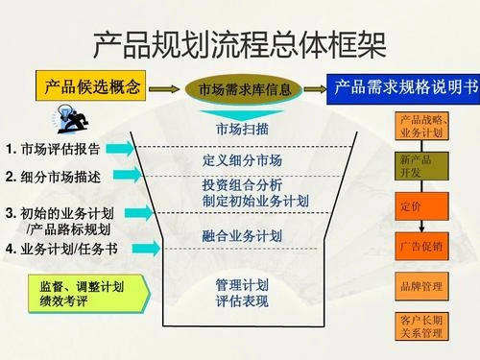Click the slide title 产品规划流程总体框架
click(240, 43)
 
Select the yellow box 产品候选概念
click(93, 87)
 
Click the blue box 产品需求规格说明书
click(404, 87)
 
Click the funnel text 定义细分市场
click(242, 159)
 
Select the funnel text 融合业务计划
click(242, 235)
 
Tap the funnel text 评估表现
click(242, 301)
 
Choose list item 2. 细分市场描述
click(53, 177)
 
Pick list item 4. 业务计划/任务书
click(61, 249)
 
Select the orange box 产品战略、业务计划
click(421, 126)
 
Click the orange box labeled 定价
click(421, 206)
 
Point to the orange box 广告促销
click(421, 247)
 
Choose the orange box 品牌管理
click(421, 286)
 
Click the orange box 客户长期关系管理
click(421, 325)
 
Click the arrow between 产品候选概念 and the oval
click(166, 88)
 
